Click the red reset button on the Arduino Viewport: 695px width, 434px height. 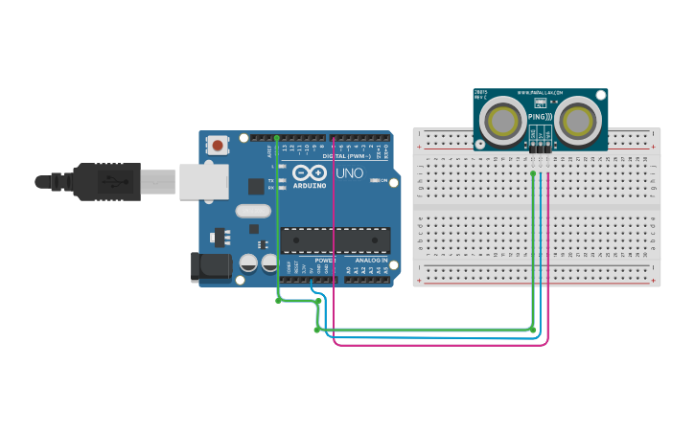[x=218, y=146]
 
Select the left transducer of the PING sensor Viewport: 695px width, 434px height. [x=501, y=122]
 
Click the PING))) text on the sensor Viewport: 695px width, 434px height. [x=540, y=116]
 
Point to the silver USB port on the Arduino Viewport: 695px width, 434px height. [x=204, y=181]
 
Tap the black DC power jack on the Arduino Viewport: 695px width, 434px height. [x=213, y=266]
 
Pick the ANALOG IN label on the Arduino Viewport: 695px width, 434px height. [x=372, y=260]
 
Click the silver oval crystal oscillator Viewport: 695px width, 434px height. [x=252, y=211]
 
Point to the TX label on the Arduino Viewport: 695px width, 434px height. [x=270, y=179]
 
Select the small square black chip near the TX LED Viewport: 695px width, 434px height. [x=256, y=186]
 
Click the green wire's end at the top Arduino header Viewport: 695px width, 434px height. [x=276, y=138]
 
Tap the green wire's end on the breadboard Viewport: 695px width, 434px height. [x=533, y=173]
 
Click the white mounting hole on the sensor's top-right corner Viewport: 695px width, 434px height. [x=601, y=95]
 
